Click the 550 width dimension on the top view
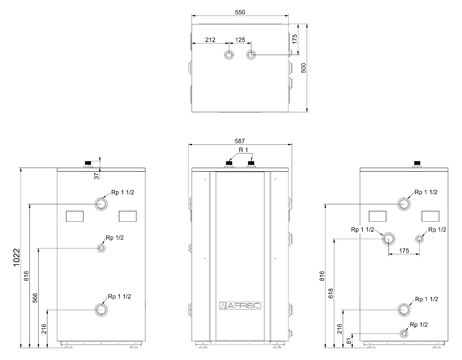click(x=240, y=12)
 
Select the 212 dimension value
click(x=210, y=40)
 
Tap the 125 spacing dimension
click(x=240, y=40)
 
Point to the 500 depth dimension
click(x=303, y=68)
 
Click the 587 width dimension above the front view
click(x=240, y=141)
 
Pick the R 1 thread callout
click(x=243, y=150)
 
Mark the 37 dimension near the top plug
click(x=97, y=176)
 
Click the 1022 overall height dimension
click(x=17, y=257)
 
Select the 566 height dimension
click(x=35, y=298)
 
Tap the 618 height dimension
click(x=331, y=293)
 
